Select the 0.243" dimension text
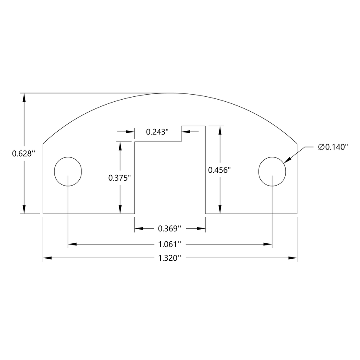coord(157,132)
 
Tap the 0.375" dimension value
coord(120,178)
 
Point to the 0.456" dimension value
coord(219,169)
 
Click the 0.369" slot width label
coord(170,228)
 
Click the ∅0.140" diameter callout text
coord(332,147)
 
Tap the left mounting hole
coord(68,171)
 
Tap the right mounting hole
coord(272,171)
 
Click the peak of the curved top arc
coord(170,93)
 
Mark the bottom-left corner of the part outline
coord(43,214)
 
